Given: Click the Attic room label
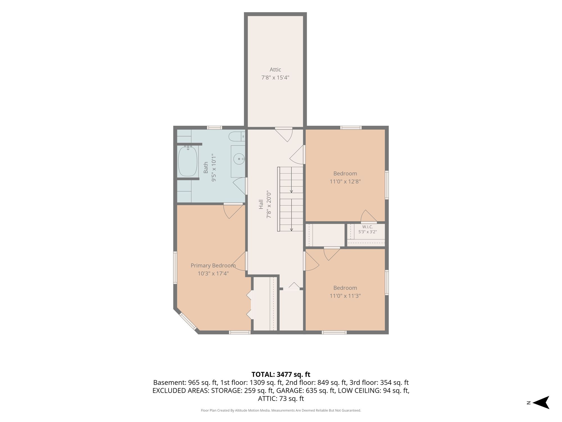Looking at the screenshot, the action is point(275,69).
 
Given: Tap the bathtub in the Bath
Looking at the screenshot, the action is point(188,161).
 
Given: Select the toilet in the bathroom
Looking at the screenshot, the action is point(237,137).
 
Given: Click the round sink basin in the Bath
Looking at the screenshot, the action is point(239,159).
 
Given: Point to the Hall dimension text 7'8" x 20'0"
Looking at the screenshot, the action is point(269,204).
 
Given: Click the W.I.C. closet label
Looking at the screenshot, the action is point(367,227).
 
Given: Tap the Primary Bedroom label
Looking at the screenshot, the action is point(213,266).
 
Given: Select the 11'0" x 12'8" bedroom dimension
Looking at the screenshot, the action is point(345,181).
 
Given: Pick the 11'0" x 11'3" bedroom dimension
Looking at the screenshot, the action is point(345,296).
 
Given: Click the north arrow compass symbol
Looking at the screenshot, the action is point(541,403).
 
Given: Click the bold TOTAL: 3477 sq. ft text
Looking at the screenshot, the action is point(281,374).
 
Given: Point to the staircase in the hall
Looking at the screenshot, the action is point(290,199).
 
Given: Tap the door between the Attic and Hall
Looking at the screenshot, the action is point(284,134).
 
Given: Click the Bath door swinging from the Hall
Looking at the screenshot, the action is point(241,186).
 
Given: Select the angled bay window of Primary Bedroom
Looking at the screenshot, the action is point(188,321).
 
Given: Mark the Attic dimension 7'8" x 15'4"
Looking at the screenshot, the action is point(275,77).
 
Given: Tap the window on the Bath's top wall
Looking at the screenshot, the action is point(214,127).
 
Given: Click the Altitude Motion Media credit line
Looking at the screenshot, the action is point(281,410).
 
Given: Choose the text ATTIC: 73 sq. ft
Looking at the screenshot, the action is point(281,398).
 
